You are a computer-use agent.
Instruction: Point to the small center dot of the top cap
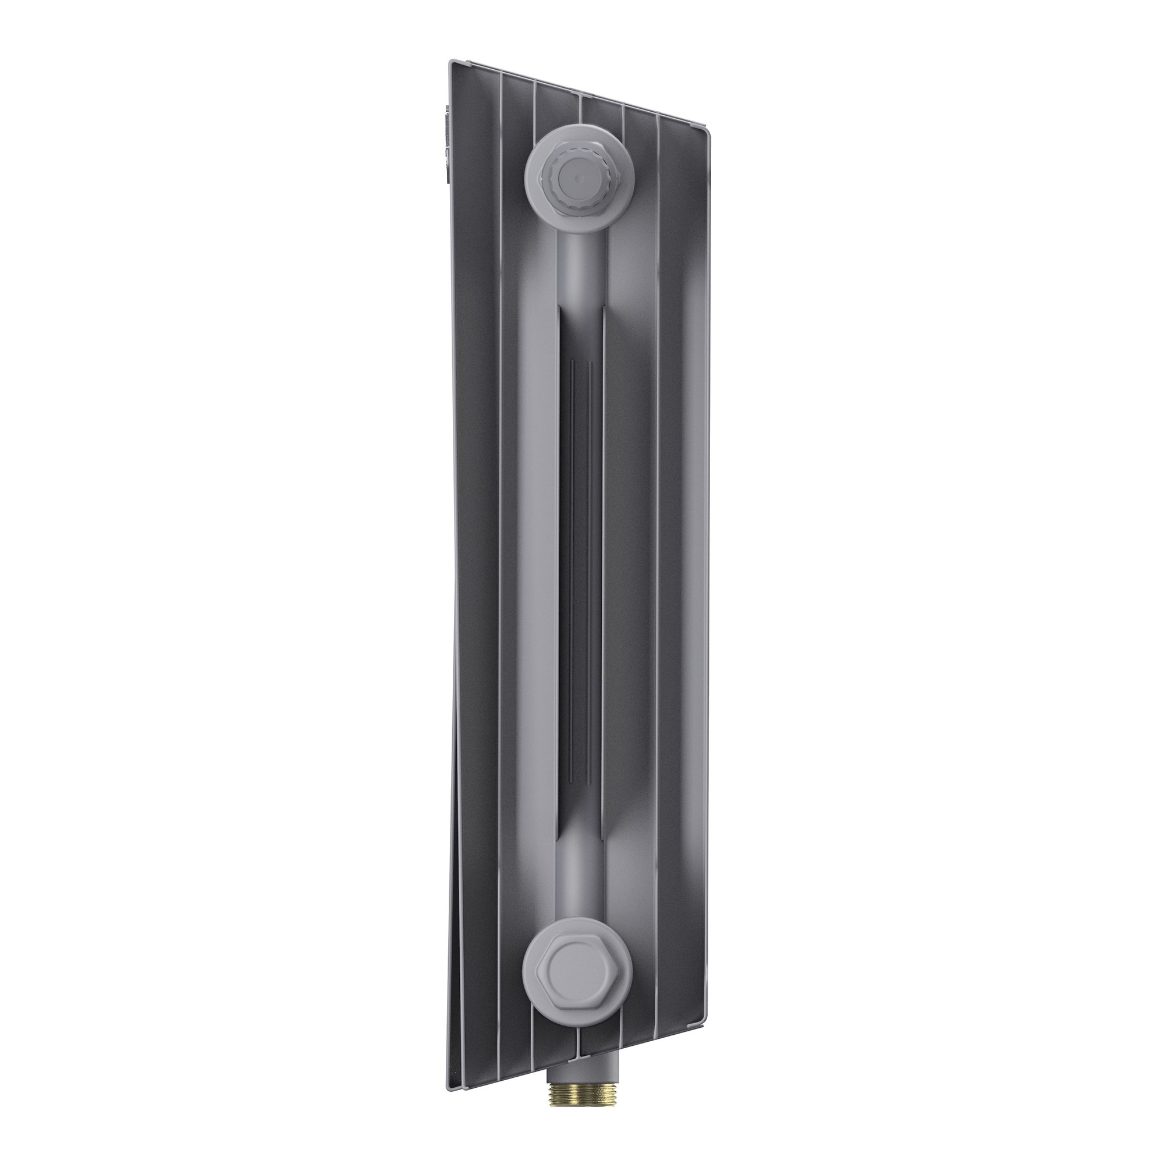point(578,178)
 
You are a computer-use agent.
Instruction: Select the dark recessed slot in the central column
point(581,572)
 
